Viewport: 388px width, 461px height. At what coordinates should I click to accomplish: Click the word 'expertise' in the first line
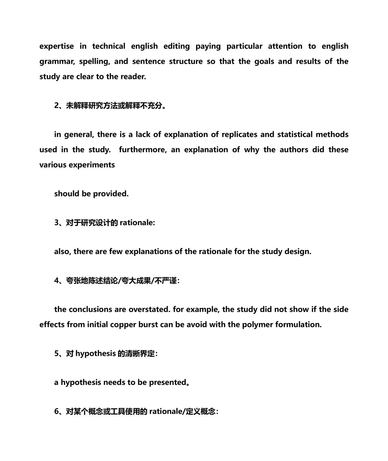[57, 46]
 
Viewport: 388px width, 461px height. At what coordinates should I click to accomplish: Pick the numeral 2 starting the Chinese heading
[56, 105]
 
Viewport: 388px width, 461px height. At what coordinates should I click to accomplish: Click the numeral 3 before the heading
[56, 223]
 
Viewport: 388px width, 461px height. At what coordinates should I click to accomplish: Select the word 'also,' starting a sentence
[62, 252]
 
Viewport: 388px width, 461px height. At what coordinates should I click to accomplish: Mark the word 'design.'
[298, 252]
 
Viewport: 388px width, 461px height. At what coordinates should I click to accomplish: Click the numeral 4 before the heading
[56, 281]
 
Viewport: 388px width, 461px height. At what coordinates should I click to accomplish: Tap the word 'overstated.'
[149, 309]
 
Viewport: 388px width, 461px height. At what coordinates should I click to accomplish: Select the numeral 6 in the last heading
[56, 412]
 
